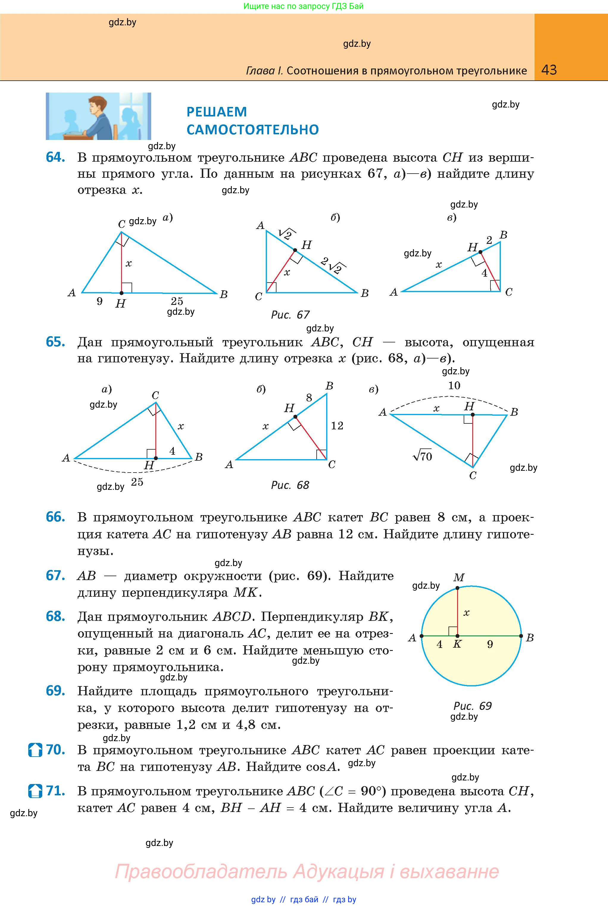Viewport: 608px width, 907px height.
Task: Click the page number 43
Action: pyautogui.click(x=549, y=70)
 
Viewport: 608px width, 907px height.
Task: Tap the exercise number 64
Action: pyautogui.click(x=55, y=157)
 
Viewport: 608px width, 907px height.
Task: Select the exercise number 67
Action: pyautogui.click(x=55, y=575)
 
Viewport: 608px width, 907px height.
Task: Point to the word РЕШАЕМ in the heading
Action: pyautogui.click(x=216, y=112)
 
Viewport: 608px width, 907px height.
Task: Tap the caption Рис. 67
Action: pyautogui.click(x=290, y=315)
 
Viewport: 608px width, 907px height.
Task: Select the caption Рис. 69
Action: pyautogui.click(x=472, y=706)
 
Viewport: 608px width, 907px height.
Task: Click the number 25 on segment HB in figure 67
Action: pyautogui.click(x=177, y=301)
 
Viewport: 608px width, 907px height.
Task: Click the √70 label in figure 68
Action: pyautogui.click(x=422, y=456)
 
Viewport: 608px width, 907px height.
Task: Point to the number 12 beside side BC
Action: pyautogui.click(x=337, y=426)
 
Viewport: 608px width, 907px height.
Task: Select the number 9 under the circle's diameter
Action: pyautogui.click(x=490, y=644)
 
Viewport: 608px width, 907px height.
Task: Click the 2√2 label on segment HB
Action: pyautogui.click(x=333, y=265)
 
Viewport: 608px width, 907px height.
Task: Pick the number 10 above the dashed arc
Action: pyautogui.click(x=454, y=386)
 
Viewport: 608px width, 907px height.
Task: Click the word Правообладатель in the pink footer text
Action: pyautogui.click(x=201, y=871)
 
